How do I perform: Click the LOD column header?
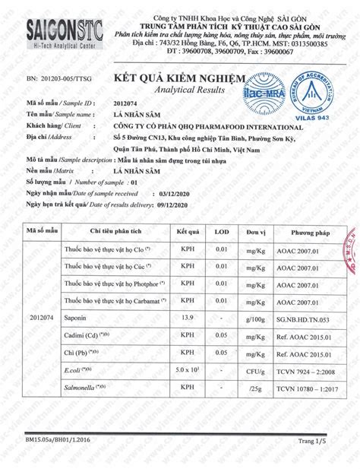[221, 230]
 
